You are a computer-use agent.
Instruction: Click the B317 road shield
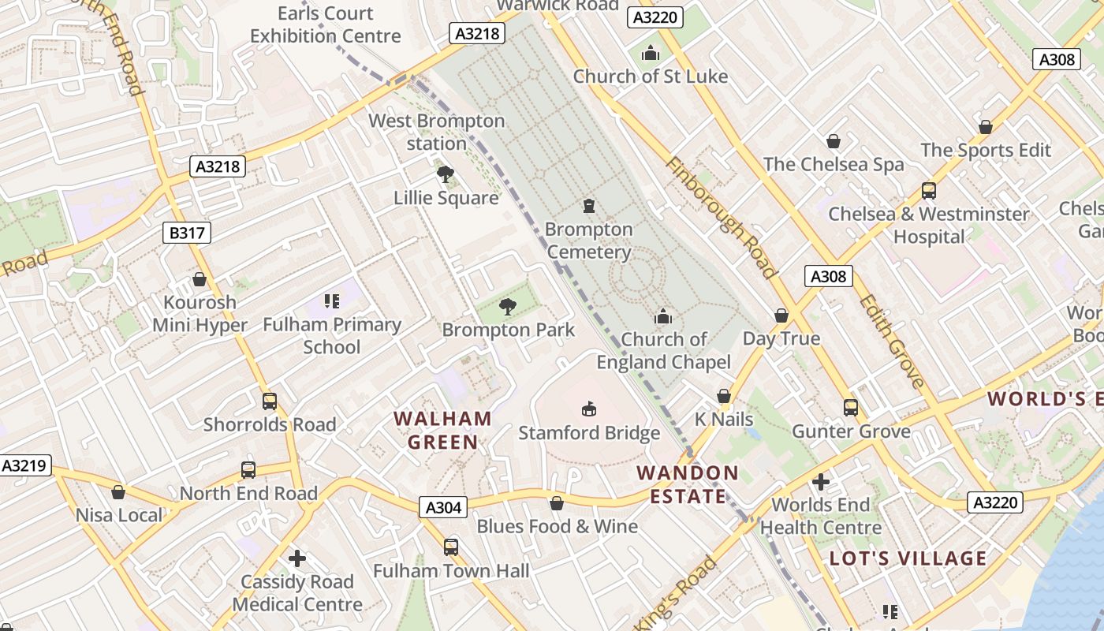click(x=187, y=233)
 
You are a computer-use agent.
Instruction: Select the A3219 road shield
click(x=25, y=465)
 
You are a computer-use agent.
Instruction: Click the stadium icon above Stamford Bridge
click(x=588, y=409)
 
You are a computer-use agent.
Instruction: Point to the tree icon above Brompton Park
click(x=509, y=306)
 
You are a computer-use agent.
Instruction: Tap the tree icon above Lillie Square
click(x=446, y=174)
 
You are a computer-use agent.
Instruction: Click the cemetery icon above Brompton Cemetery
click(x=588, y=206)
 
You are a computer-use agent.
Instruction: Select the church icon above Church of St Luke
click(x=651, y=53)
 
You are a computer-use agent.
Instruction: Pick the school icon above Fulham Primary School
click(x=332, y=301)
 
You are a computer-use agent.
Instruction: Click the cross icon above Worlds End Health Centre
click(x=821, y=481)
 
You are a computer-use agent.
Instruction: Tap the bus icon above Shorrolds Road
click(x=270, y=401)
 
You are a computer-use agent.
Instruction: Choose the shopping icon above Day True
click(x=781, y=315)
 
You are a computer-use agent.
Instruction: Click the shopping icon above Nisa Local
click(x=118, y=492)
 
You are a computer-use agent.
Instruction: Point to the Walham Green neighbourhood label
click(x=442, y=430)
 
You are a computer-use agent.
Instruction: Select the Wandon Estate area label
click(x=688, y=484)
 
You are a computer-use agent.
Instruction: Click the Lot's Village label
click(x=908, y=558)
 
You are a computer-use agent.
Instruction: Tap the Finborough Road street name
click(x=721, y=218)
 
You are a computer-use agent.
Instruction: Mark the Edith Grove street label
click(x=891, y=341)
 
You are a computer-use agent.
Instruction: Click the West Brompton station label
click(x=437, y=132)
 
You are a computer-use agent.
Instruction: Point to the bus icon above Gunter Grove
click(x=851, y=408)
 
